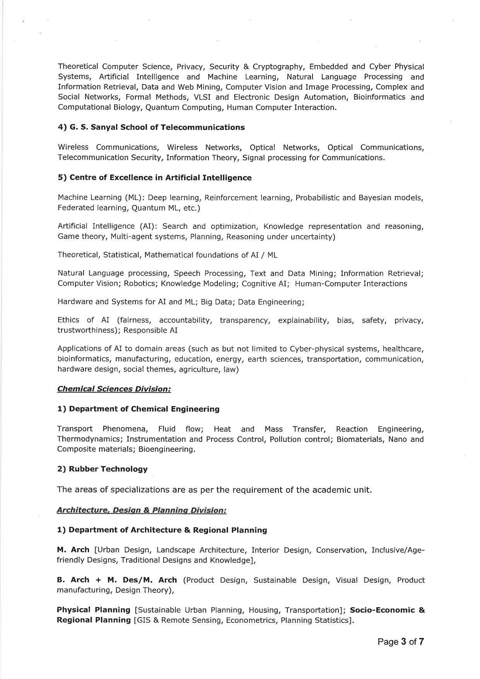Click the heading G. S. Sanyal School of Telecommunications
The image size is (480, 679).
tap(151, 127)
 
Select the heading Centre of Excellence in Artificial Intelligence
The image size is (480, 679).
tap(154, 178)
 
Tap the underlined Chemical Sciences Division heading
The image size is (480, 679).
tap(114, 389)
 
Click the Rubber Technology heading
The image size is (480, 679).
tap(102, 469)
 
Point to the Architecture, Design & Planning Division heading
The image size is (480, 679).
tap(142, 510)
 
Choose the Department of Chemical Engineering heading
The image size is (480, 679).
tap(138, 409)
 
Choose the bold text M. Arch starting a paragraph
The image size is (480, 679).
tap(73, 550)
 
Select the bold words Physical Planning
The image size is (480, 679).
tap(94, 610)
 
